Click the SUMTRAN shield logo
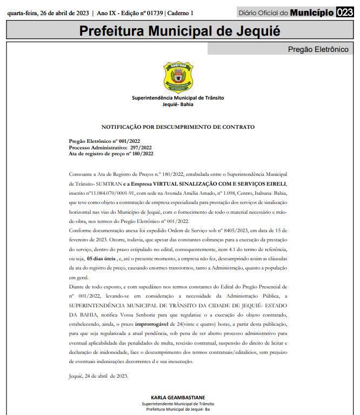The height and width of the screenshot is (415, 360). pos(178,77)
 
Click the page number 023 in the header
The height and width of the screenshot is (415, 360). pos(344,12)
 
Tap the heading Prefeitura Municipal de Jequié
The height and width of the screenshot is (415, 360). pos(180,30)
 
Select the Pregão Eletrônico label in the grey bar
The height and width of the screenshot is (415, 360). pos(318,50)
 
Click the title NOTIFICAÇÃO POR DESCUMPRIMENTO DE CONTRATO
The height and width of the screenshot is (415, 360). pos(178,127)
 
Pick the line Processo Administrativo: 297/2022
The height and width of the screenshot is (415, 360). pos(110,147)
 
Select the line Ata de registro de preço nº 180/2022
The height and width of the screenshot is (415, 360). pos(111,154)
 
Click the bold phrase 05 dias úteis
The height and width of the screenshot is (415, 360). pos(104,259)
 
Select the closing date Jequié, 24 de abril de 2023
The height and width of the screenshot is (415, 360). pos(99,376)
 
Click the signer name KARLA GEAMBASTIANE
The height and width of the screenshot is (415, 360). pos(178,398)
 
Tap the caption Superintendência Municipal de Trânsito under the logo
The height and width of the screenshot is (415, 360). pos(178,98)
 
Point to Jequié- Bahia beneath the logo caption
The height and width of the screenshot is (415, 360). pos(178,104)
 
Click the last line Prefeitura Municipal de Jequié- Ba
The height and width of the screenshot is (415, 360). pos(178,410)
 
